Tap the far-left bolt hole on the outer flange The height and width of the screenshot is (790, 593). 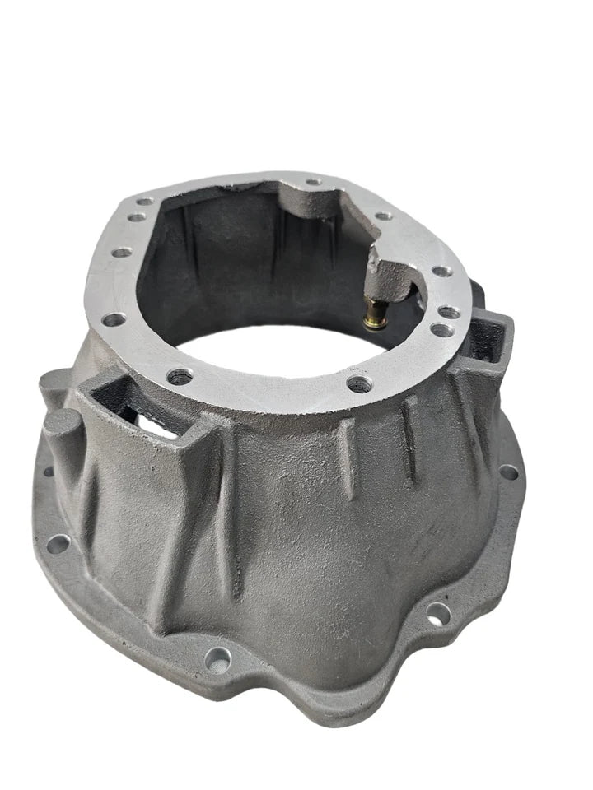point(58,544)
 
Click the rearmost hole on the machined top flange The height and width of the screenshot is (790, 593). point(313,182)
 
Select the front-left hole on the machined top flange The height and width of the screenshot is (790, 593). point(180,377)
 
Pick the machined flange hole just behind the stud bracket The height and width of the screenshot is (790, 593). point(383,216)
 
